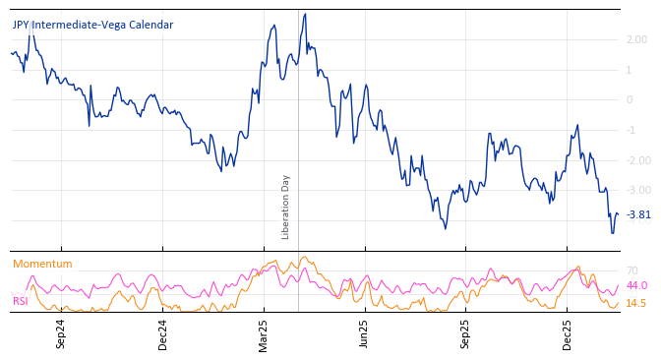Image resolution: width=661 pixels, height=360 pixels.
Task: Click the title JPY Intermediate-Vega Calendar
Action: click(93, 25)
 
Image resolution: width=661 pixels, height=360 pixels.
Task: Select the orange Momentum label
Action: click(42, 264)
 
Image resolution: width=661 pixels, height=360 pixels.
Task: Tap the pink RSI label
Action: click(20, 301)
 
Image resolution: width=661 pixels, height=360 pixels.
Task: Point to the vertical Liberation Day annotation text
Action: click(285, 207)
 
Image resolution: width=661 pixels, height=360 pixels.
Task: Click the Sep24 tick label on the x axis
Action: click(60, 334)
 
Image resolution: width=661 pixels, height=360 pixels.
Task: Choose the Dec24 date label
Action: click(161, 334)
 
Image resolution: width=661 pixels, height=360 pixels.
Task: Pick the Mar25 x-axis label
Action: click(263, 334)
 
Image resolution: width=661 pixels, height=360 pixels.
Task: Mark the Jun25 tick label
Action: click(364, 334)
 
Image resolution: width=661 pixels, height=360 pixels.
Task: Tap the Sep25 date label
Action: click(465, 334)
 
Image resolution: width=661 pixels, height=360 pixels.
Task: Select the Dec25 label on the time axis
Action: click(567, 334)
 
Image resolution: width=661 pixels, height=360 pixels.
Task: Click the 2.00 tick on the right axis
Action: click(635, 39)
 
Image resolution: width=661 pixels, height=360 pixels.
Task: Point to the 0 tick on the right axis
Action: click(630, 99)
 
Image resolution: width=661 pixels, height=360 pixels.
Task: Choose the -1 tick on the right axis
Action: click(630, 130)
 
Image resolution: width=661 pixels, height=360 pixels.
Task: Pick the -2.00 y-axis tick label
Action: click(635, 160)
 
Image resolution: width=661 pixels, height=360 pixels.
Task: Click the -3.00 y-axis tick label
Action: click(635, 190)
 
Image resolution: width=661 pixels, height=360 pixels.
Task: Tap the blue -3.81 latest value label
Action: click(638, 214)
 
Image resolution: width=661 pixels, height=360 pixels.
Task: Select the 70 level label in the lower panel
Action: click(631, 270)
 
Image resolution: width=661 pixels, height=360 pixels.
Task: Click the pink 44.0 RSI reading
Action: click(636, 285)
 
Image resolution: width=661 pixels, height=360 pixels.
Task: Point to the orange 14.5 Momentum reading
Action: click(636, 303)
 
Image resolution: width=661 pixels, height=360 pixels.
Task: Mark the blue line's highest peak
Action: click(305, 14)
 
